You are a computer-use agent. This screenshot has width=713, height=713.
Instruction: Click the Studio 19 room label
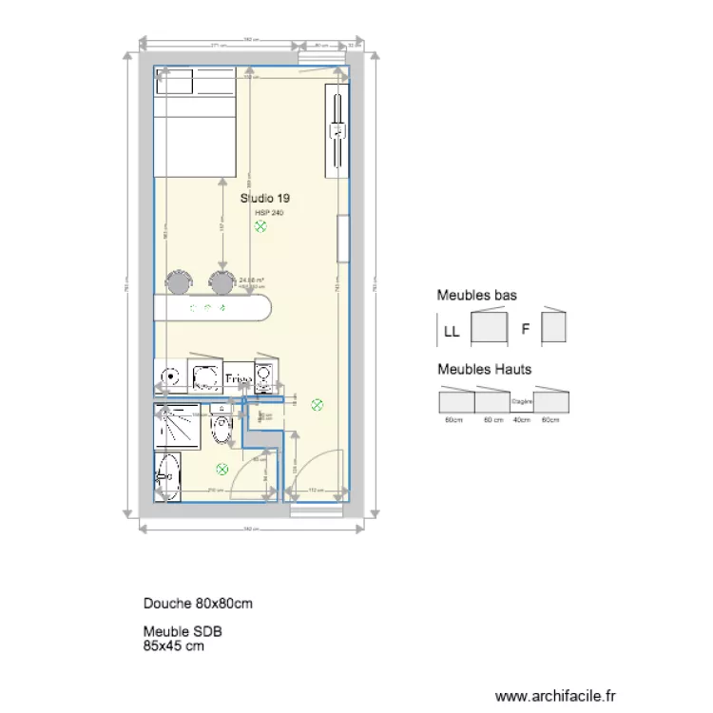click(x=265, y=198)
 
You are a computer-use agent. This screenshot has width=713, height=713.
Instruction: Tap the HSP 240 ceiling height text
click(x=269, y=213)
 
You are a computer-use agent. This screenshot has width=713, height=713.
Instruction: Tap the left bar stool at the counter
click(x=178, y=281)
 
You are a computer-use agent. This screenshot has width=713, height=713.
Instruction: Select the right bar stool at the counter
click(x=222, y=281)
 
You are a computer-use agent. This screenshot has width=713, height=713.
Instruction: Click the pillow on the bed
click(x=196, y=83)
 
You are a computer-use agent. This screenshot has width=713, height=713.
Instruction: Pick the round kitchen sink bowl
click(x=171, y=376)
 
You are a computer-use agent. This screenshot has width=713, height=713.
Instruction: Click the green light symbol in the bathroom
click(x=222, y=468)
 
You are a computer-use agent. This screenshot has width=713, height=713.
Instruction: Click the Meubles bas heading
click(x=476, y=297)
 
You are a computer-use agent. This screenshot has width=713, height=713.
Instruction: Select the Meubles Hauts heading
click(x=484, y=369)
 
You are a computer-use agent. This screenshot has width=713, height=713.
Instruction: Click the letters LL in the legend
click(x=451, y=333)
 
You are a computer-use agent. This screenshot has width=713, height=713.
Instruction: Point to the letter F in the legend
click(x=525, y=331)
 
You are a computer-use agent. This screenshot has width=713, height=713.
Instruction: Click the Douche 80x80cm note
click(x=198, y=604)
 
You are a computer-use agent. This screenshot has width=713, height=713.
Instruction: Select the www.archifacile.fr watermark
click(x=557, y=696)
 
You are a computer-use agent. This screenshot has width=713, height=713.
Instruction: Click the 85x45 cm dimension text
click(x=174, y=646)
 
